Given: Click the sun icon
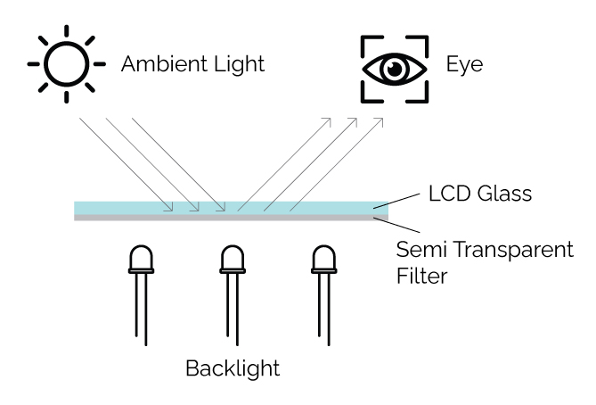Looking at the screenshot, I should (x=64, y=65).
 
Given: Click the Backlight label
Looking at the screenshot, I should (x=232, y=367).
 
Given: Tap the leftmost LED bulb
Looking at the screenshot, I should (x=142, y=260).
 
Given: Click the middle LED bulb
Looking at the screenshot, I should (x=232, y=260).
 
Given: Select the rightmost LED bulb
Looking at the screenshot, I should (x=322, y=260).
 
